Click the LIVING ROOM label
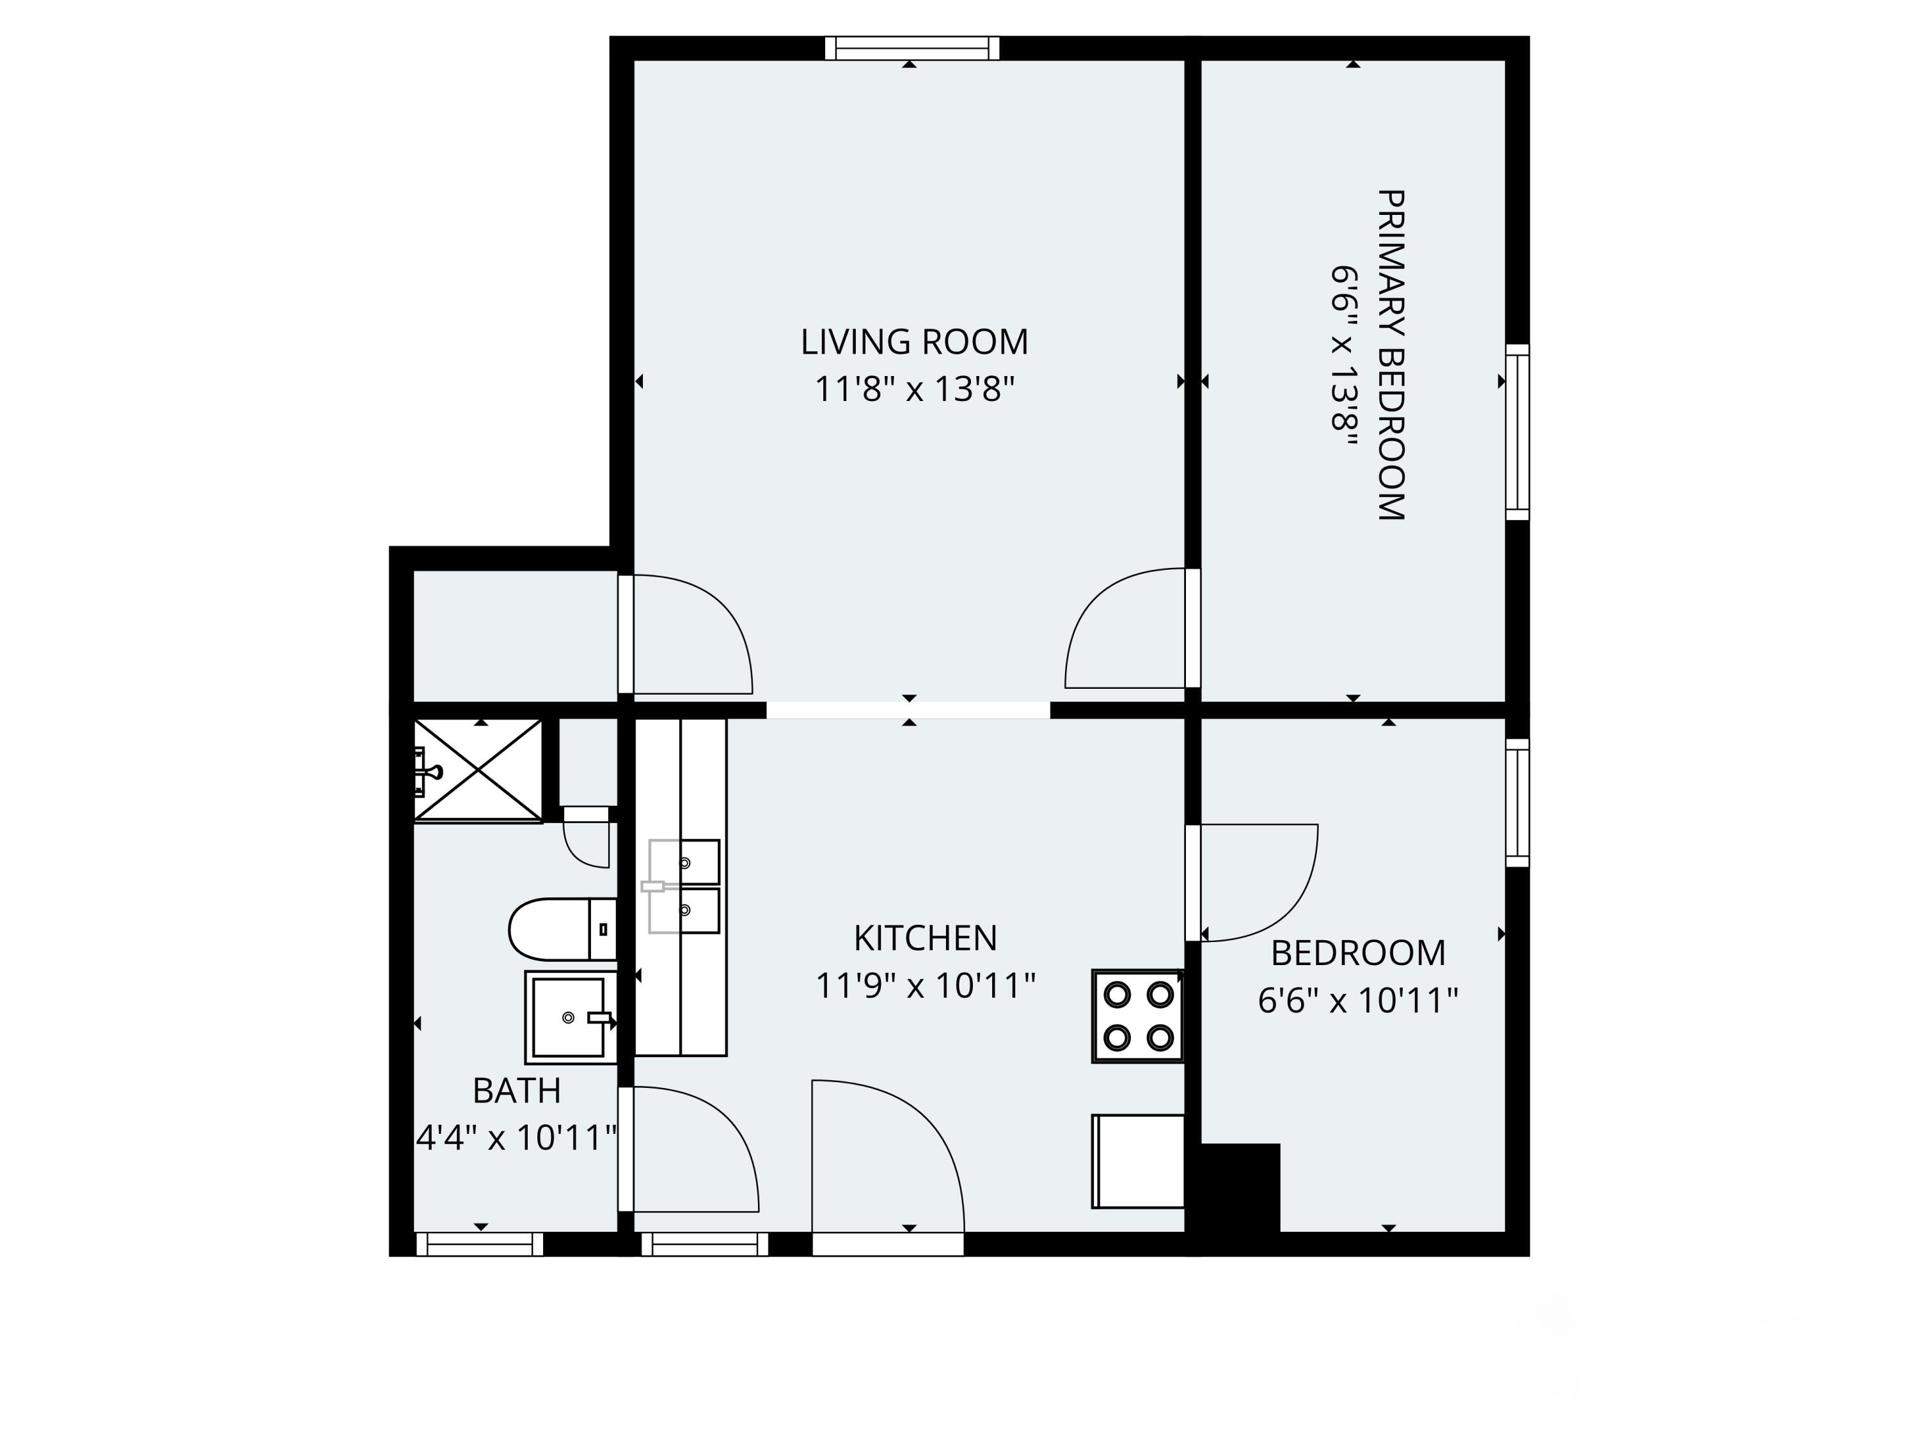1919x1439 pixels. (913, 342)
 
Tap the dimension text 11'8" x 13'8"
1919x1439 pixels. (913, 389)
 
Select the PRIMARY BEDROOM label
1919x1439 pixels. (1390, 355)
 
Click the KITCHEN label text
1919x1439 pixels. (925, 938)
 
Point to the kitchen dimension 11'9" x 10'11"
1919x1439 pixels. (925, 986)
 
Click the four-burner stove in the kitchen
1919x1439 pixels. (1137, 1016)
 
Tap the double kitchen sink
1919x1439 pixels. (684, 886)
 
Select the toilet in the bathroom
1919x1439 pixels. (561, 929)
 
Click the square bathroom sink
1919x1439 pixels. (568, 1017)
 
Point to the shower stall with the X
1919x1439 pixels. (478, 769)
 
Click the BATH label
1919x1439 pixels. (516, 1090)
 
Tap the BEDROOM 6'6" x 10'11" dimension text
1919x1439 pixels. (1358, 1000)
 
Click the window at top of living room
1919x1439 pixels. (911, 48)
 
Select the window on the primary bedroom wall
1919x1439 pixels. (1517, 431)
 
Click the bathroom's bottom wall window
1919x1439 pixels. (480, 1244)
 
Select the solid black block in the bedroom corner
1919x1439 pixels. (1240, 1186)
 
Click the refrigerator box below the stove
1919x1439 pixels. (1137, 1161)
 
